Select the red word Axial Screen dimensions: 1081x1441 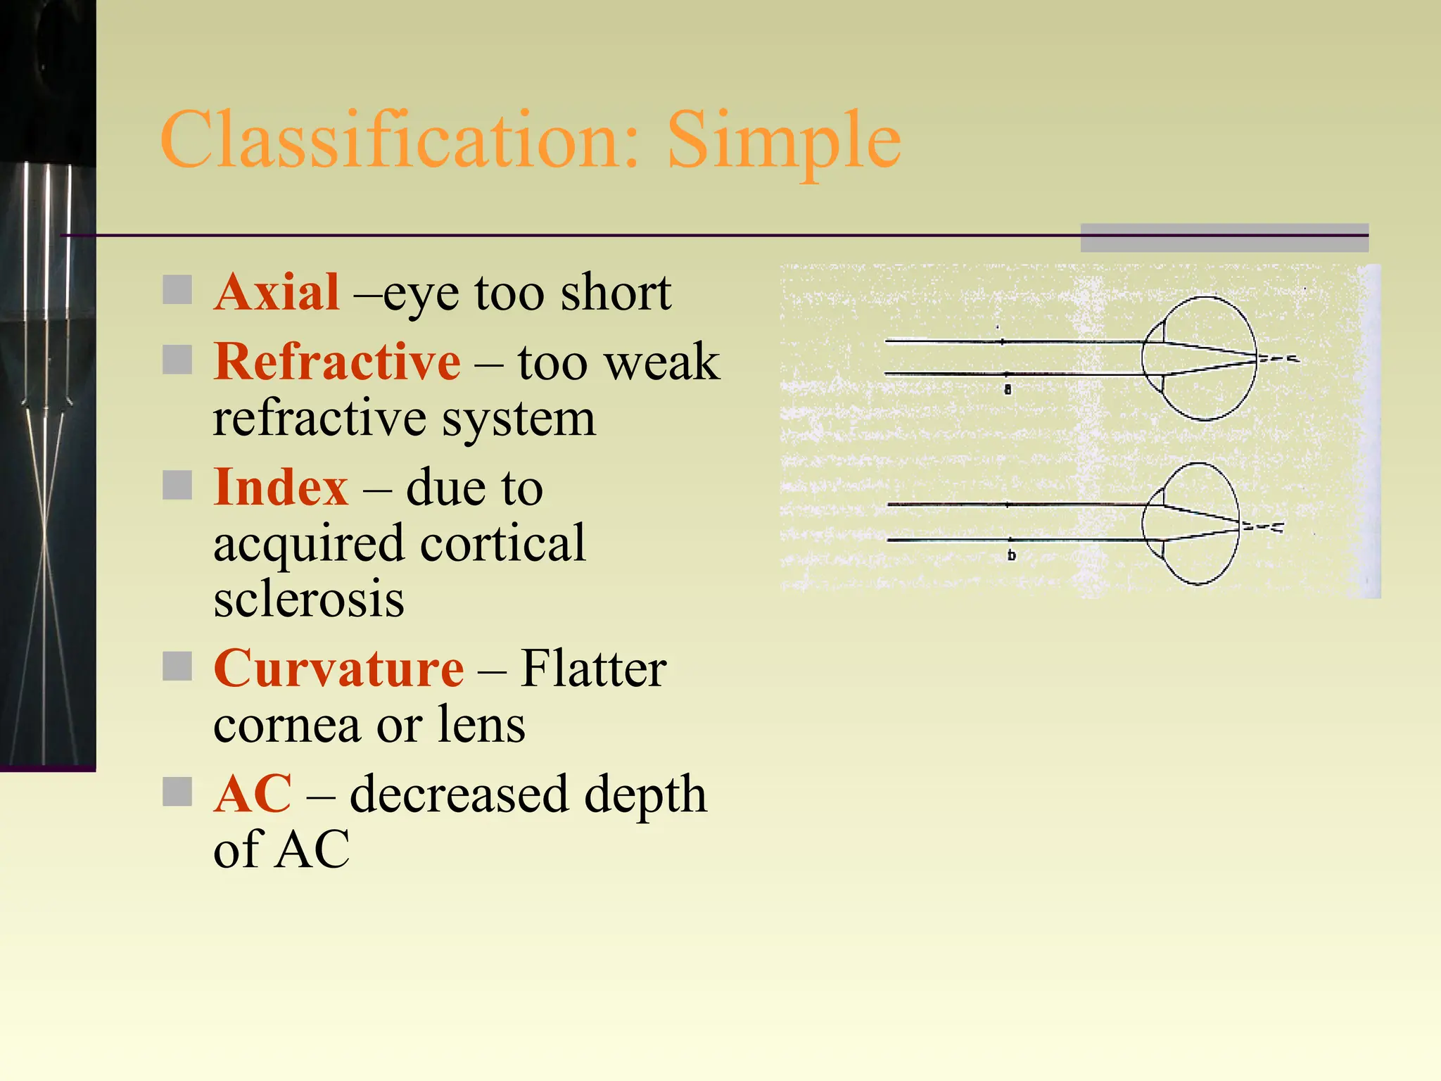277,292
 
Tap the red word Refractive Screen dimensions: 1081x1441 337,362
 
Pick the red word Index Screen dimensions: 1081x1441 281,487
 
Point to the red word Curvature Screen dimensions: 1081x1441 338,668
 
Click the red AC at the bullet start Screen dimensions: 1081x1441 253,794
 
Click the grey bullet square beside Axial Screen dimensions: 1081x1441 177,290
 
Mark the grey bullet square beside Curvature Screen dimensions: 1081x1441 177,666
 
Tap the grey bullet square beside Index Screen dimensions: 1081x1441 177,485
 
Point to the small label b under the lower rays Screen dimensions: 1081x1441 1011,555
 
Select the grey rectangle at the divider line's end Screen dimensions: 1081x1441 1224,238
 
